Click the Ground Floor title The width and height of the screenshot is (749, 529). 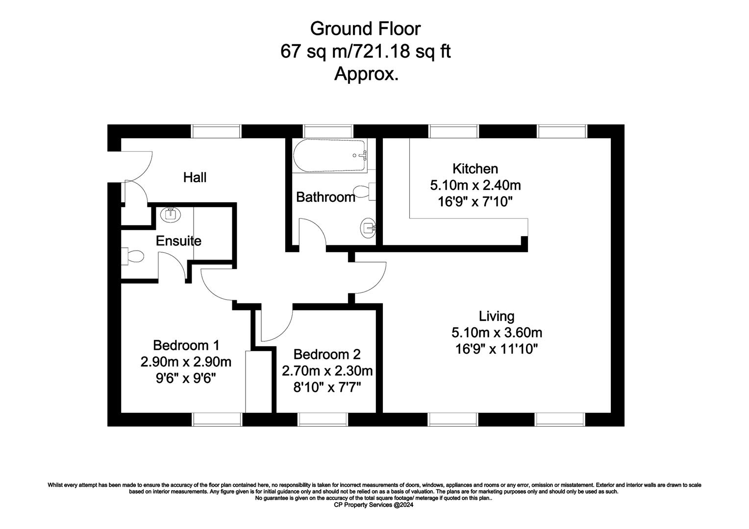pos(365,29)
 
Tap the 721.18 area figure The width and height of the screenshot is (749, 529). pos(381,51)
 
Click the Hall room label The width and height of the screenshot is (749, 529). pos(195,177)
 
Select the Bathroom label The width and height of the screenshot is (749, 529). pos(325,197)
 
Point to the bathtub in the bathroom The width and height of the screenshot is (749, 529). pos(329,156)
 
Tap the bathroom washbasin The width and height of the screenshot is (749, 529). pos(368,228)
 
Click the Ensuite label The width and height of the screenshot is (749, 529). pos(178,241)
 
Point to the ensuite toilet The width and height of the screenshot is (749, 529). pos(132,256)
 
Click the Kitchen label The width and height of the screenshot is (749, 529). pos(475,169)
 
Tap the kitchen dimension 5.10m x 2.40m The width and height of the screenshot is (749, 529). pos(475,185)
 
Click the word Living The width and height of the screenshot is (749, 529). pos(497,316)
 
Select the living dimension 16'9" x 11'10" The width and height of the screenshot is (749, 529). pos(497,349)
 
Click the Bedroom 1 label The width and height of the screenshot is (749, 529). pos(186,345)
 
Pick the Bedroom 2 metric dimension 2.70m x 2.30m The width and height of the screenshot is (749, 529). pos(327,371)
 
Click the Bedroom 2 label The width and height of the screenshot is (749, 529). pos(327,354)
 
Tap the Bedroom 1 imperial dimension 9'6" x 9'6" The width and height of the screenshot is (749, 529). pos(186,378)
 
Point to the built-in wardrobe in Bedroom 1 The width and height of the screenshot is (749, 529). pos(258,382)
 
